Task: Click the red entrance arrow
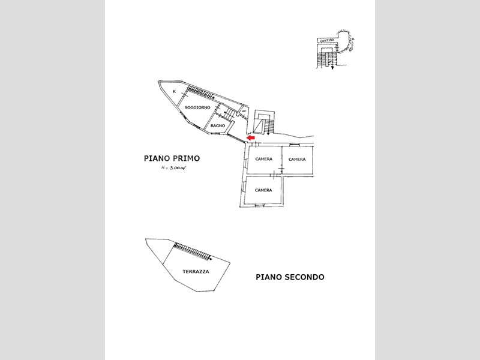251,138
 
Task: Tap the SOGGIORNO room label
197,107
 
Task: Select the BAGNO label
218,125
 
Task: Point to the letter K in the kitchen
174,91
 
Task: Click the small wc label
244,111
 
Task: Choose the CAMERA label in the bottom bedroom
263,190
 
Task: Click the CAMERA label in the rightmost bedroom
297,160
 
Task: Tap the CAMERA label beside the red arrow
263,160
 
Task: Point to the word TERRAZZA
196,272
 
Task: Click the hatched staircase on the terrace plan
193,250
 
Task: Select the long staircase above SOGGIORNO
200,92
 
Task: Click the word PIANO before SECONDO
268,277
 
